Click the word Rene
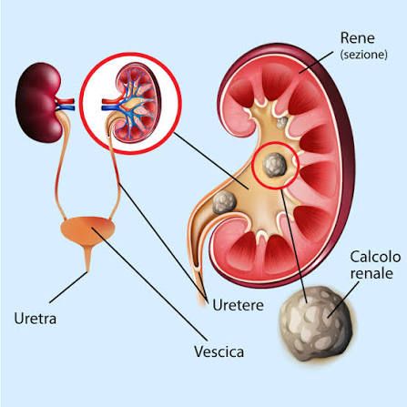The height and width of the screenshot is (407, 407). [358, 38]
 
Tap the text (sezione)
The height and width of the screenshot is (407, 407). [364, 55]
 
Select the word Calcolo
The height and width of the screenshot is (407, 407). [375, 257]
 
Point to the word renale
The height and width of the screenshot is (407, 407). [371, 273]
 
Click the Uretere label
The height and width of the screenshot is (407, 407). [238, 305]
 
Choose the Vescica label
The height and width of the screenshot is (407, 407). [219, 351]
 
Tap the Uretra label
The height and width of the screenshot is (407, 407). [36, 319]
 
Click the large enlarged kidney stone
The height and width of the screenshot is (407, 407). [317, 324]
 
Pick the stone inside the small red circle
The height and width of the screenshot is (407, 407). [275, 165]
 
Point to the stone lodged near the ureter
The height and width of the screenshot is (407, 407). [224, 203]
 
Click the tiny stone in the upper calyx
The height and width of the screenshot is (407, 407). [282, 122]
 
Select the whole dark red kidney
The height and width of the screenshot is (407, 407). [38, 103]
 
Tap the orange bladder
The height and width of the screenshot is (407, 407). [87, 230]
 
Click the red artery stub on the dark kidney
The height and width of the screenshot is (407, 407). [66, 101]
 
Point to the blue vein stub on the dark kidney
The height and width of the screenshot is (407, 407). [66, 107]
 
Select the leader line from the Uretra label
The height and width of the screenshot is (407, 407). [68, 287]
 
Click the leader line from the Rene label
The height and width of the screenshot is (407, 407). [316, 62]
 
